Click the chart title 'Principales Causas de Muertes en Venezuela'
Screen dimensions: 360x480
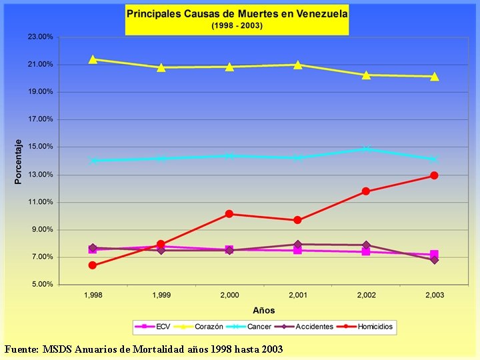[237, 13]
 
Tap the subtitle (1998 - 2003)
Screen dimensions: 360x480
[237, 25]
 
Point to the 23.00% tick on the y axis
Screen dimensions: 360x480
[41, 37]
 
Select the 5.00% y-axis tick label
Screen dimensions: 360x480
[42, 285]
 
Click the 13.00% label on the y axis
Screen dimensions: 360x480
[41, 175]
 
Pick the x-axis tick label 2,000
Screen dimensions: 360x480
[229, 295]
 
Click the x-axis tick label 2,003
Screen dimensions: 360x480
[434, 295]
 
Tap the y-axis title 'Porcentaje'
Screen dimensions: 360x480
[19, 161]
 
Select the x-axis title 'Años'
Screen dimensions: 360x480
[263, 310]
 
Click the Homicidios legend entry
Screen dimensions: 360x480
[369, 327]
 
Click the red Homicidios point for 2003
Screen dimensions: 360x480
[434, 175]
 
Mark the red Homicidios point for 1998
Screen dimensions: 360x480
[93, 265]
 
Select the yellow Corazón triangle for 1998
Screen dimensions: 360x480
[93, 59]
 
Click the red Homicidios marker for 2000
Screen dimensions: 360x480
[229, 214]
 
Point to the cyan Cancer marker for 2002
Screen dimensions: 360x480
[366, 149]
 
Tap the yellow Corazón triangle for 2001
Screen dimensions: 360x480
[297, 65]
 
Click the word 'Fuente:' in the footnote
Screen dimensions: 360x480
[21, 349]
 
